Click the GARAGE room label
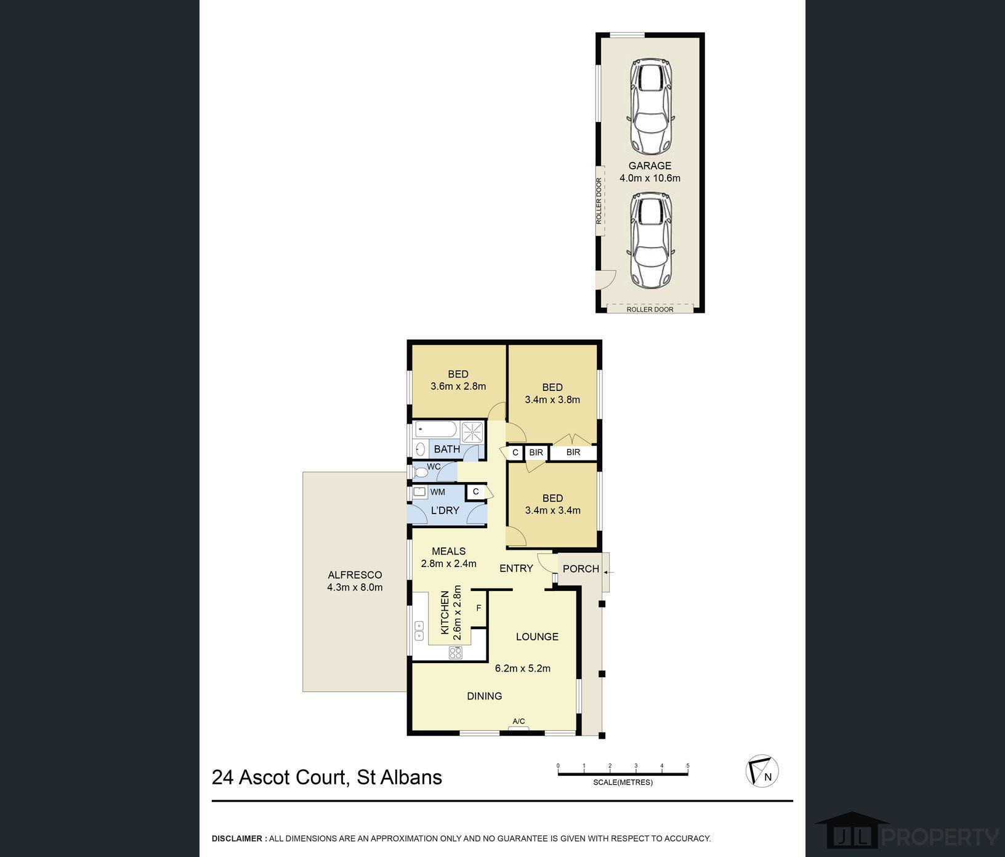650,166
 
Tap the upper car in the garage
650,107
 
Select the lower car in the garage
650,240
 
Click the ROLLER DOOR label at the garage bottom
650,309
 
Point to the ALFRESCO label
355,575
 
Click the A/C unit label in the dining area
519,722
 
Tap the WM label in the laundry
437,492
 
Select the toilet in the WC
421,472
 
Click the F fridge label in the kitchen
478,608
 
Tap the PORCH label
581,569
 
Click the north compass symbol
762,771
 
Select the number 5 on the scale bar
688,766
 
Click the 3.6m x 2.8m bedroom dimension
458,387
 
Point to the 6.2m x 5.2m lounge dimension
523,668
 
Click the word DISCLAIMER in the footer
237,839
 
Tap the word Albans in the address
416,778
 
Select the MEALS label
448,551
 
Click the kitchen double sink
419,631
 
